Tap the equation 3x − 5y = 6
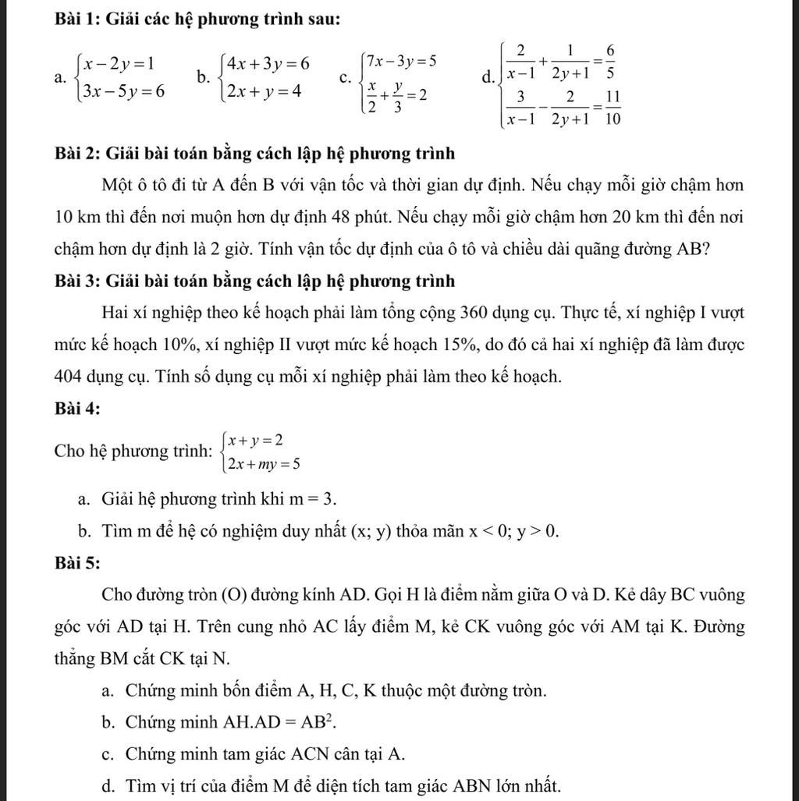[x=125, y=91]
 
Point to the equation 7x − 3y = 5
[x=402, y=61]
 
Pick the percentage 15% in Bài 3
[x=464, y=345]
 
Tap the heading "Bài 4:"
[x=77, y=408]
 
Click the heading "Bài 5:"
[x=77, y=563]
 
